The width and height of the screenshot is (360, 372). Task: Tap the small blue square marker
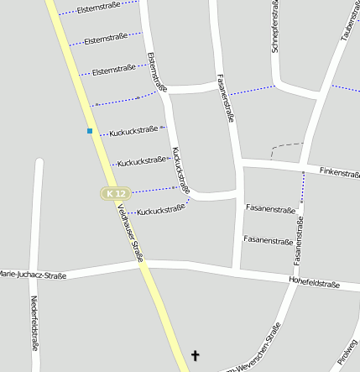pyautogui.click(x=90, y=131)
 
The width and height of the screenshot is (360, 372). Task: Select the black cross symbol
pyautogui.click(x=197, y=356)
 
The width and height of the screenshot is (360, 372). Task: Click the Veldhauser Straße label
pyautogui.click(x=130, y=233)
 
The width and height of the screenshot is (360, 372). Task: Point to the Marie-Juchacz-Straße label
pyautogui.click(x=32, y=275)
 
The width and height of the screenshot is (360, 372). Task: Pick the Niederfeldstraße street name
pyautogui.click(x=34, y=322)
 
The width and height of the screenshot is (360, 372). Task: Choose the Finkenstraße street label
pyautogui.click(x=339, y=171)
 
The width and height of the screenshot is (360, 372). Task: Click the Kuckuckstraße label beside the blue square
pyautogui.click(x=133, y=130)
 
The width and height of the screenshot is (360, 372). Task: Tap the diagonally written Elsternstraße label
pyautogui.click(x=157, y=71)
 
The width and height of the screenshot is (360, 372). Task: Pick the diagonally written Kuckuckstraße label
pyautogui.click(x=180, y=170)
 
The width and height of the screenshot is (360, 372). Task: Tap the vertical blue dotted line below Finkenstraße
pyautogui.click(x=303, y=193)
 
